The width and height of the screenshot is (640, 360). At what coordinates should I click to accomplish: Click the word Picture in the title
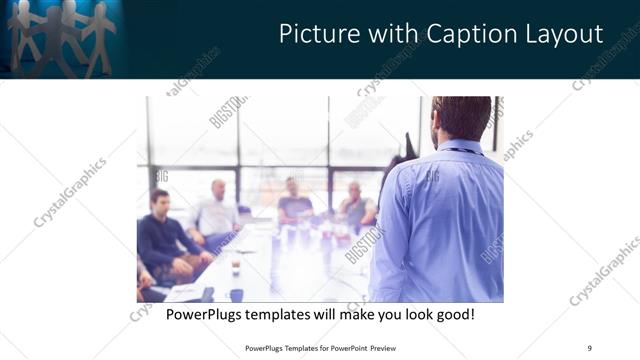pyautogui.click(x=316, y=34)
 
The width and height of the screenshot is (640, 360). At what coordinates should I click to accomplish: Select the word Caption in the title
pyautogui.click(x=456, y=34)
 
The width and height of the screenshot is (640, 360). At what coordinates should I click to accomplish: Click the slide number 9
pyautogui.click(x=589, y=347)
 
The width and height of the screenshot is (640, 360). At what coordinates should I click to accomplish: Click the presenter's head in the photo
pyautogui.click(x=462, y=118)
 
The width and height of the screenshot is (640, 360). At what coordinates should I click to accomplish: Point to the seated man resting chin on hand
pyautogui.click(x=356, y=206)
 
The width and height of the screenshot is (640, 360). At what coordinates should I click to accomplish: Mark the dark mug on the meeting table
pyautogui.click(x=236, y=294)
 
